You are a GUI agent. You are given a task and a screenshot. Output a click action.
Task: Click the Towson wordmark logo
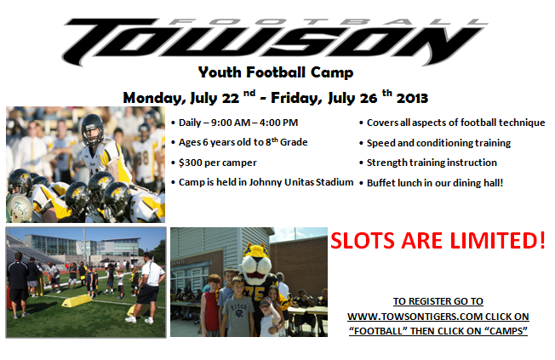[x=275, y=42]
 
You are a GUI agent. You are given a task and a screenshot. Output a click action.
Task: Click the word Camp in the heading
[x=332, y=72]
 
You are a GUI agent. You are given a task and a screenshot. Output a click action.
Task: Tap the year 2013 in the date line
[x=412, y=98]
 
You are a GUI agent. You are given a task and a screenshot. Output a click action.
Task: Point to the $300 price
[x=190, y=163]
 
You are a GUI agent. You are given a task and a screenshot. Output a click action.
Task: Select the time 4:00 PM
[x=278, y=123]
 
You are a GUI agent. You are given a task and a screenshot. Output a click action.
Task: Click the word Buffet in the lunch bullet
[x=380, y=183]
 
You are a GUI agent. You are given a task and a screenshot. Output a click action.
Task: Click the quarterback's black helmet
[x=93, y=129]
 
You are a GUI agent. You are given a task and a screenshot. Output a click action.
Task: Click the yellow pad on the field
[x=77, y=300]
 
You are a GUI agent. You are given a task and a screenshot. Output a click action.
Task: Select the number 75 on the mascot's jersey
[x=258, y=294]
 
